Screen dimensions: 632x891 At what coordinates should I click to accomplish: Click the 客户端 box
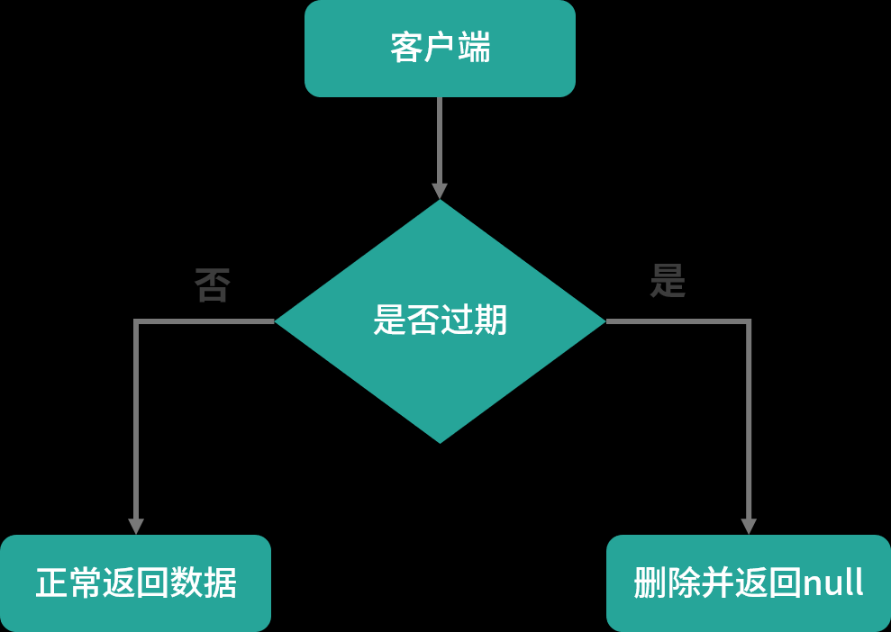coord(440,49)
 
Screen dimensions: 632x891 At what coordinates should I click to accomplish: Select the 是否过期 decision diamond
coord(440,321)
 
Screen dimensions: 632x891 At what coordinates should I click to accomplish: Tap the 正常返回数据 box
coord(135,583)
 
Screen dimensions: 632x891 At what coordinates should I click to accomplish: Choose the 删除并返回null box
coord(748,583)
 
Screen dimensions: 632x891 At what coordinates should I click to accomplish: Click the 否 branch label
coord(213,286)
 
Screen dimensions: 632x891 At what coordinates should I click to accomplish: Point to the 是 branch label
coord(668,282)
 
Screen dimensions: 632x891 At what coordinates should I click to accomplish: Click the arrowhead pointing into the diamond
coord(440,191)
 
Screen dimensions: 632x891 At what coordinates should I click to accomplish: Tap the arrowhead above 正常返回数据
coord(136,526)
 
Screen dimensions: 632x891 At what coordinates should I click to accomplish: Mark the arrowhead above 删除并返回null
coord(748,526)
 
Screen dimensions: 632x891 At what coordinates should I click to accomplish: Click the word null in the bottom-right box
coord(832,583)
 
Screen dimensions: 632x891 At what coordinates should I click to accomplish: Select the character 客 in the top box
coord(406,48)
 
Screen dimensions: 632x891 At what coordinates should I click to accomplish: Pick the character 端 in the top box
coord(474,48)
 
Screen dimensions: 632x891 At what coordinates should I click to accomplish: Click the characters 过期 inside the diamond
coord(474,321)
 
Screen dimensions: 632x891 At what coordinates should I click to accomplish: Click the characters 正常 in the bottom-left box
coord(68,583)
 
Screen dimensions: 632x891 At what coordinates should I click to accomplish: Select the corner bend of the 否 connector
coord(136,321)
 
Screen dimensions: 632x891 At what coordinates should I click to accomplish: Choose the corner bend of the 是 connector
coord(748,321)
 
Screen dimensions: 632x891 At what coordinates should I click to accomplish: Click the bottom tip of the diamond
coord(440,441)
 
